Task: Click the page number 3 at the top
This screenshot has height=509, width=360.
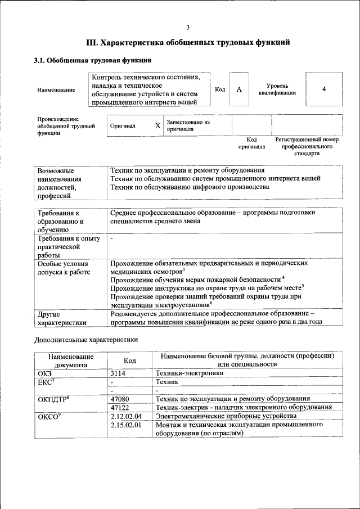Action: pyautogui.click(x=188, y=28)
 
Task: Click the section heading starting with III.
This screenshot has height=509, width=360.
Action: pyautogui.click(x=188, y=42)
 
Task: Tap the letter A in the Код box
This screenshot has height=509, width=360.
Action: pyautogui.click(x=239, y=90)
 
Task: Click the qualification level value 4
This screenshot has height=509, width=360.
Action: pyautogui.click(x=324, y=89)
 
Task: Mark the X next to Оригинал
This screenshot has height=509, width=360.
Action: pyautogui.click(x=157, y=126)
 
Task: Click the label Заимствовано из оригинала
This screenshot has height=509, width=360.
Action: pyautogui.click(x=188, y=125)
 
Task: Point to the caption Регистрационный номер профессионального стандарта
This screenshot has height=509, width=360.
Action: pyautogui.click(x=307, y=146)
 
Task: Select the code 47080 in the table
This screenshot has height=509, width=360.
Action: pyautogui.click(x=121, y=398)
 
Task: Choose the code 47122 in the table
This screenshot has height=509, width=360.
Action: pyautogui.click(x=121, y=407)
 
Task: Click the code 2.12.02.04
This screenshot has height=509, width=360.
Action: pyautogui.click(x=126, y=416)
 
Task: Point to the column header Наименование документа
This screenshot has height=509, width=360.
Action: pyautogui.click(x=71, y=360)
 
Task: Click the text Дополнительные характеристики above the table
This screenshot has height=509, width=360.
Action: pyautogui.click(x=85, y=340)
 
